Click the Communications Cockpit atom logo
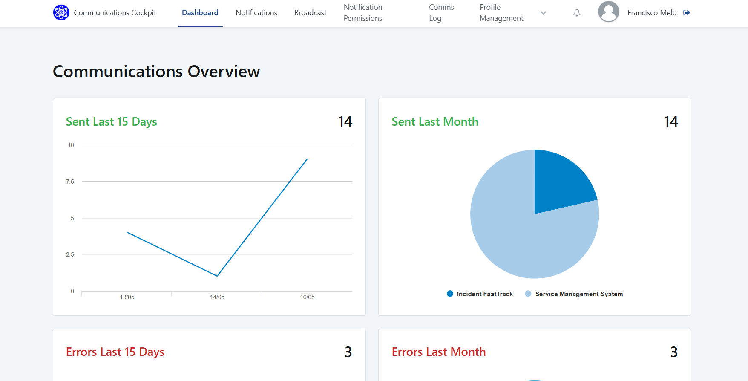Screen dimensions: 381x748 point(61,12)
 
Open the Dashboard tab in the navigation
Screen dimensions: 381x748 point(200,13)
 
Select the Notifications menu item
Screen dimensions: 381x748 point(256,13)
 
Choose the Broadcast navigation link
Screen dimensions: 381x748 point(310,13)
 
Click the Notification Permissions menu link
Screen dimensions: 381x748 point(363,13)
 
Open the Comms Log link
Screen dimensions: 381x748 point(441,13)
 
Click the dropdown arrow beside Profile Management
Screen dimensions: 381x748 point(543,13)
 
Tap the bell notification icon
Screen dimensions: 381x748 point(577,13)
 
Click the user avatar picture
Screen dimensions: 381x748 point(608,12)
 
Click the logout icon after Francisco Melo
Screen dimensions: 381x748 point(687,13)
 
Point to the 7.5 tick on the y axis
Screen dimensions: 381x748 point(70,182)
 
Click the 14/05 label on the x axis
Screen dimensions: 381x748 point(217,297)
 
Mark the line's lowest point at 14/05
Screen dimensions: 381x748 point(217,276)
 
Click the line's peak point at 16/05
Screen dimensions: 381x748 point(307,159)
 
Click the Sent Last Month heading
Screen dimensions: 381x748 point(434,122)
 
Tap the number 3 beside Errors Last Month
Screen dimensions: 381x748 point(673,352)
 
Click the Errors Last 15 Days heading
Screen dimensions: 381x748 point(115,352)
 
